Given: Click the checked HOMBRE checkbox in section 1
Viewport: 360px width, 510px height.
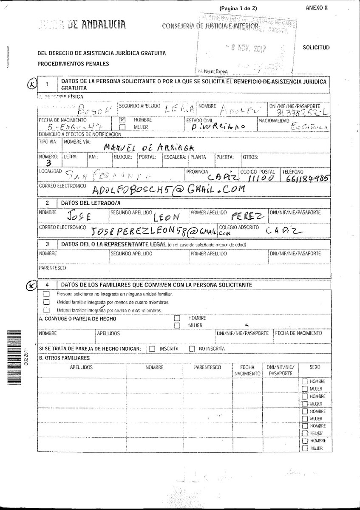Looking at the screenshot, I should tap(122, 120).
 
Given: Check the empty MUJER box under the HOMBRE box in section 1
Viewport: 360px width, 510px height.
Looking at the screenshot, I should tap(122, 127).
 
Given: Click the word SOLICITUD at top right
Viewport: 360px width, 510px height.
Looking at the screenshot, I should tap(316, 48).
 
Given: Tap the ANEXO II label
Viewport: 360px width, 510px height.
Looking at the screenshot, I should tap(317, 8).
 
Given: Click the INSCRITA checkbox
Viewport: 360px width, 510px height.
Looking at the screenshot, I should tap(152, 349).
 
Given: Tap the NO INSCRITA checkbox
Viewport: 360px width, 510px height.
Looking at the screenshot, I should tap(192, 349).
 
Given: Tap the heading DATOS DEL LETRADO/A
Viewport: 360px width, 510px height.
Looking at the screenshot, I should tap(91, 203).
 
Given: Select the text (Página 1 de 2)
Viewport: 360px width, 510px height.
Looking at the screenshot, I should tap(238, 8).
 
